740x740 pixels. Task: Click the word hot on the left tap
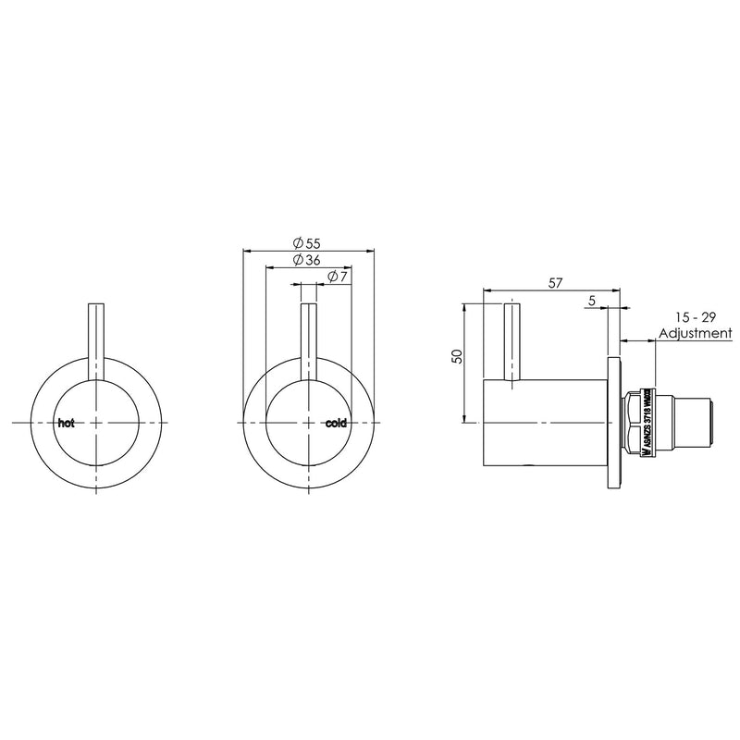coord(66,423)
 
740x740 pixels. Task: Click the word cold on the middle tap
coord(336,423)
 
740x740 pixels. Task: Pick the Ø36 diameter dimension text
coord(305,261)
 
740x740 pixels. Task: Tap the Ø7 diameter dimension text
coord(338,277)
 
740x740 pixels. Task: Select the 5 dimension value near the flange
coord(590,302)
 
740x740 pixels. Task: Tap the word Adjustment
coord(694,333)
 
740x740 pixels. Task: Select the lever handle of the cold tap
coord(309,338)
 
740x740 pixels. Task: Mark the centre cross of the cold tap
coord(309,423)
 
